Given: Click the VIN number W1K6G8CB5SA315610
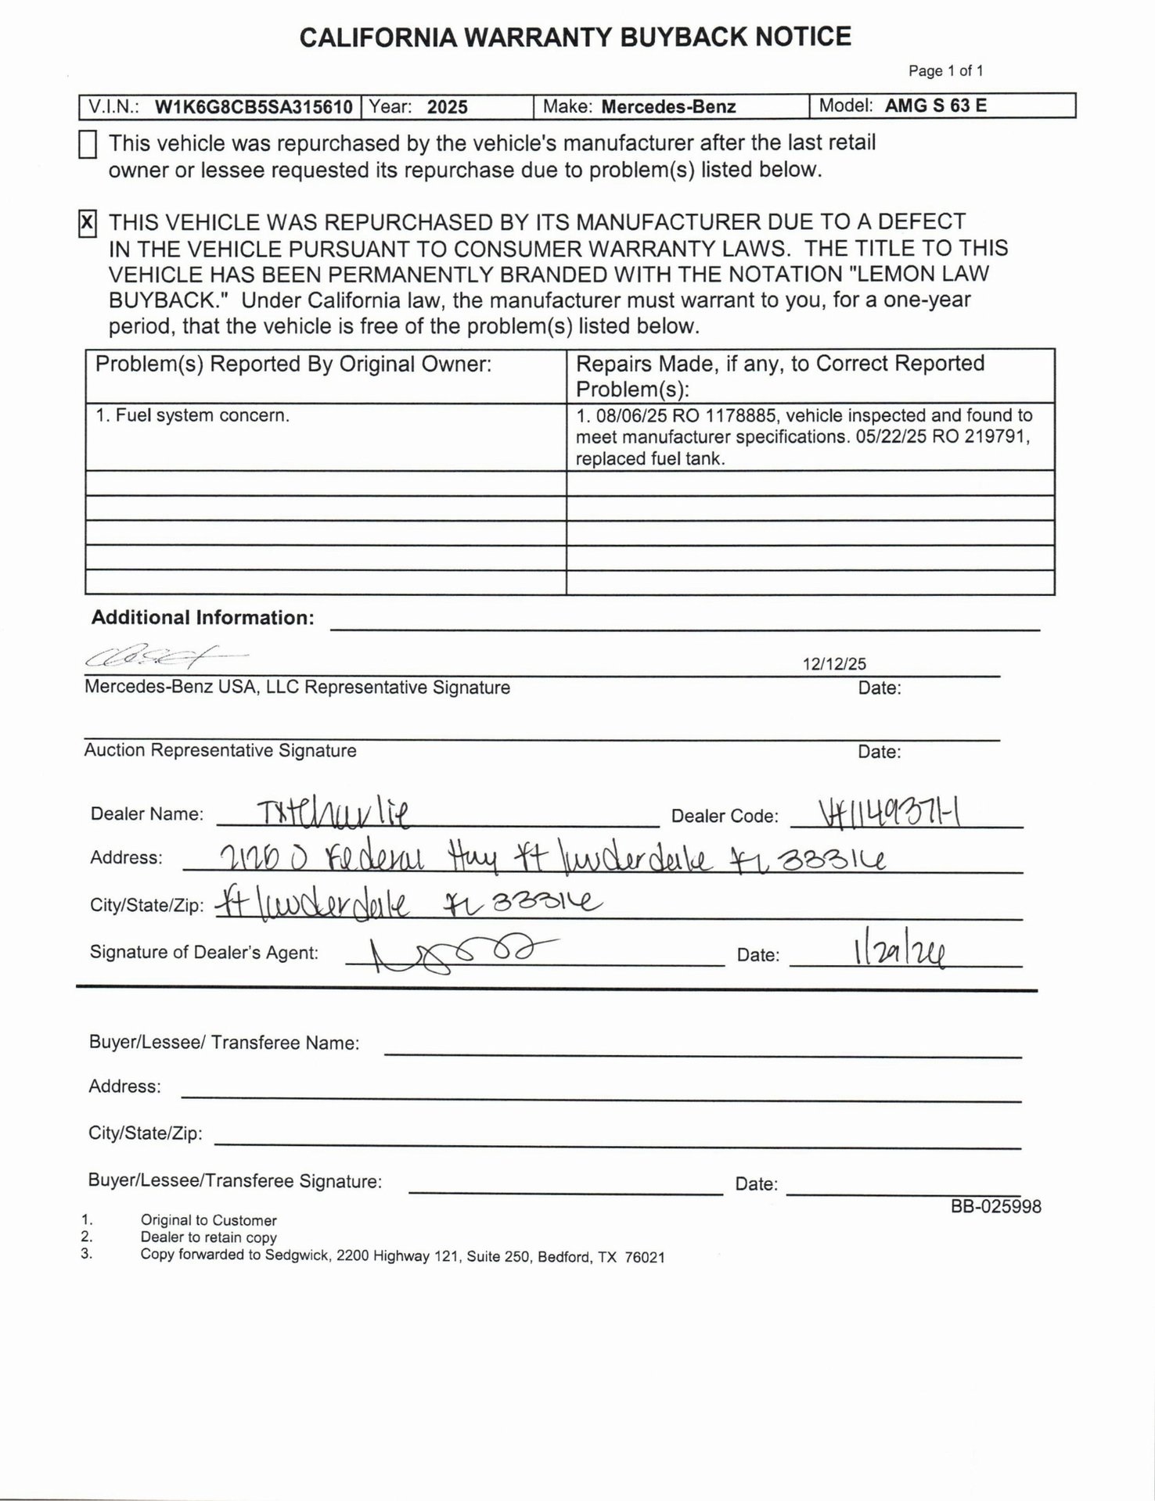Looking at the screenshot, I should coord(254,107).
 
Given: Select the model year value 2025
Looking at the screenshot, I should coord(447,107).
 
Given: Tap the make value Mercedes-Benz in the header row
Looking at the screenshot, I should coord(668,107).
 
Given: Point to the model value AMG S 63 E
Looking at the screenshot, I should coord(935,106).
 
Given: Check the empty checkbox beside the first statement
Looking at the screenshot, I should coord(88,145).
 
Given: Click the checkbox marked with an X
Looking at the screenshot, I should coord(88,224).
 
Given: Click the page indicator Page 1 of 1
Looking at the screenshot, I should coord(945,71).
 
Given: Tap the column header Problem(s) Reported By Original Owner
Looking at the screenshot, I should coord(293,364).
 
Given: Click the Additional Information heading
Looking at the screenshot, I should coord(203,618).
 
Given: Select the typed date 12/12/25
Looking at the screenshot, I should coord(834,664).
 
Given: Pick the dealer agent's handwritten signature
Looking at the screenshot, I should coord(454,953).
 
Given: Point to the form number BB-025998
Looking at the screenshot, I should coord(995,1207).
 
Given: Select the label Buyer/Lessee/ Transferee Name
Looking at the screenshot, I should coord(224,1043).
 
